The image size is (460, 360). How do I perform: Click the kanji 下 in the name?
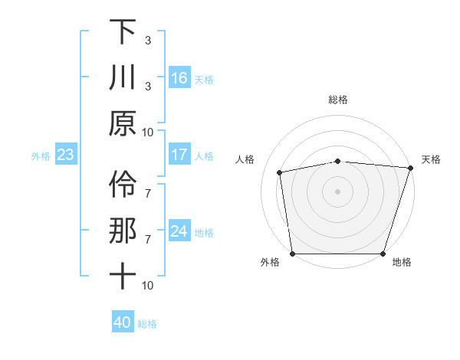[x=123, y=33]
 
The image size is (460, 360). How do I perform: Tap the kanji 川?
[x=123, y=78]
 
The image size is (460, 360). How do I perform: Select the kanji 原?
[x=123, y=123]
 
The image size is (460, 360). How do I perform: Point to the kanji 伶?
[x=123, y=184]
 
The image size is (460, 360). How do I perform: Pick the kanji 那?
[x=123, y=231]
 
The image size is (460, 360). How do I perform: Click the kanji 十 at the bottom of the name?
[x=123, y=276]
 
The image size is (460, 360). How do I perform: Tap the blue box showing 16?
[x=179, y=77]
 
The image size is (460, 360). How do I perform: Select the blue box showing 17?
[x=179, y=155]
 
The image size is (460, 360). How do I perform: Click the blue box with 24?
[x=179, y=231]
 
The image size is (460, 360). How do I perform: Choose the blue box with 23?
[x=66, y=155]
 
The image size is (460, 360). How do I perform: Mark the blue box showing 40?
[x=123, y=322]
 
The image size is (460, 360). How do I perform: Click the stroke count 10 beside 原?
[x=148, y=132]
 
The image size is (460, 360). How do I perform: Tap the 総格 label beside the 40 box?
[x=147, y=324]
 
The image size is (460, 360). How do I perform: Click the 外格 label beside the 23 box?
[x=41, y=156]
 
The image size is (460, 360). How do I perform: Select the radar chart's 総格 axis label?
[x=338, y=100]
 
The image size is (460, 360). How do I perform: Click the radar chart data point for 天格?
[x=410, y=168]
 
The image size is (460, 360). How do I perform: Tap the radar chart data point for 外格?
[x=293, y=253]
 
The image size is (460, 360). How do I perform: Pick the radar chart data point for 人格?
[x=281, y=172]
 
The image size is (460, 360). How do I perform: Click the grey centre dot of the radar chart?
[x=338, y=191]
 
